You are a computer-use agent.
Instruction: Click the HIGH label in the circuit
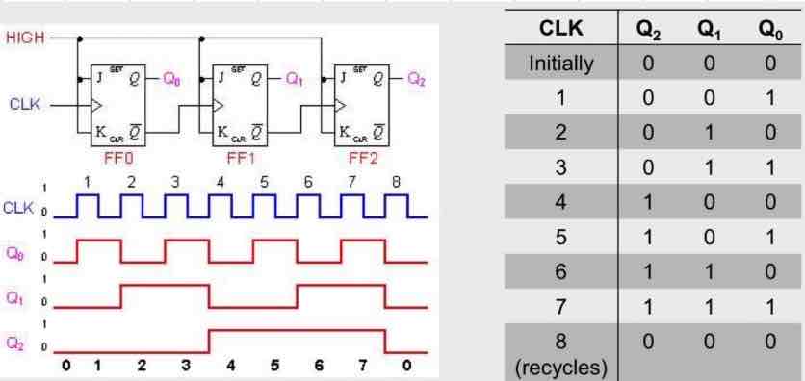click(23, 39)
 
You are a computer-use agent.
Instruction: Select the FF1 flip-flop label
click(234, 152)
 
